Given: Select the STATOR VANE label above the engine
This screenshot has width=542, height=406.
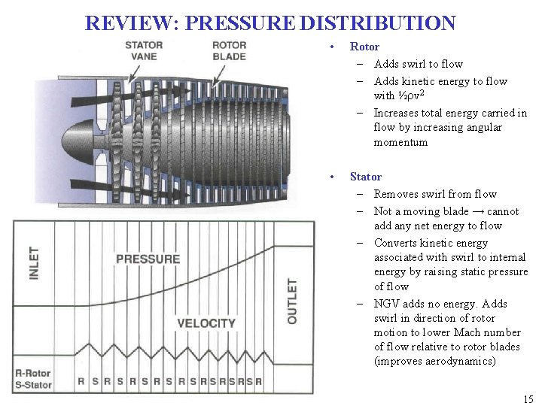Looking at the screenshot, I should pyautogui.click(x=144, y=50).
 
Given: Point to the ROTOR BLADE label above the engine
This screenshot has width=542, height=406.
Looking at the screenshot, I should pyautogui.click(x=229, y=50).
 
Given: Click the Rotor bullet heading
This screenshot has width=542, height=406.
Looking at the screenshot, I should pyautogui.click(x=364, y=47).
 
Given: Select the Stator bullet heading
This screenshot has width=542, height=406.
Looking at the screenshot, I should pyautogui.click(x=365, y=177).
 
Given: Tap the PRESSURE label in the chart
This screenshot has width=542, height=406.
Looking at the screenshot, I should pyautogui.click(x=148, y=259).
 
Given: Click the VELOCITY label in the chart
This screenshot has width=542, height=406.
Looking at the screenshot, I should pyautogui.click(x=206, y=324).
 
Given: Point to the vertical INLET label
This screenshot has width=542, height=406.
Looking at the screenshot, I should pyautogui.click(x=35, y=263).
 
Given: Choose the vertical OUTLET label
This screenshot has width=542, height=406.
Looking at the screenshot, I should pyautogui.click(x=292, y=301).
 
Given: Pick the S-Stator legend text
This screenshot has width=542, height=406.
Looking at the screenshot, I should pyautogui.click(x=34, y=385).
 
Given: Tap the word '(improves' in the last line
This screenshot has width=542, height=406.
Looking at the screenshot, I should pyautogui.click(x=399, y=361).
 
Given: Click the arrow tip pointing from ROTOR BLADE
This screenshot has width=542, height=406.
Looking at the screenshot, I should pyautogui.click(x=213, y=85).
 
